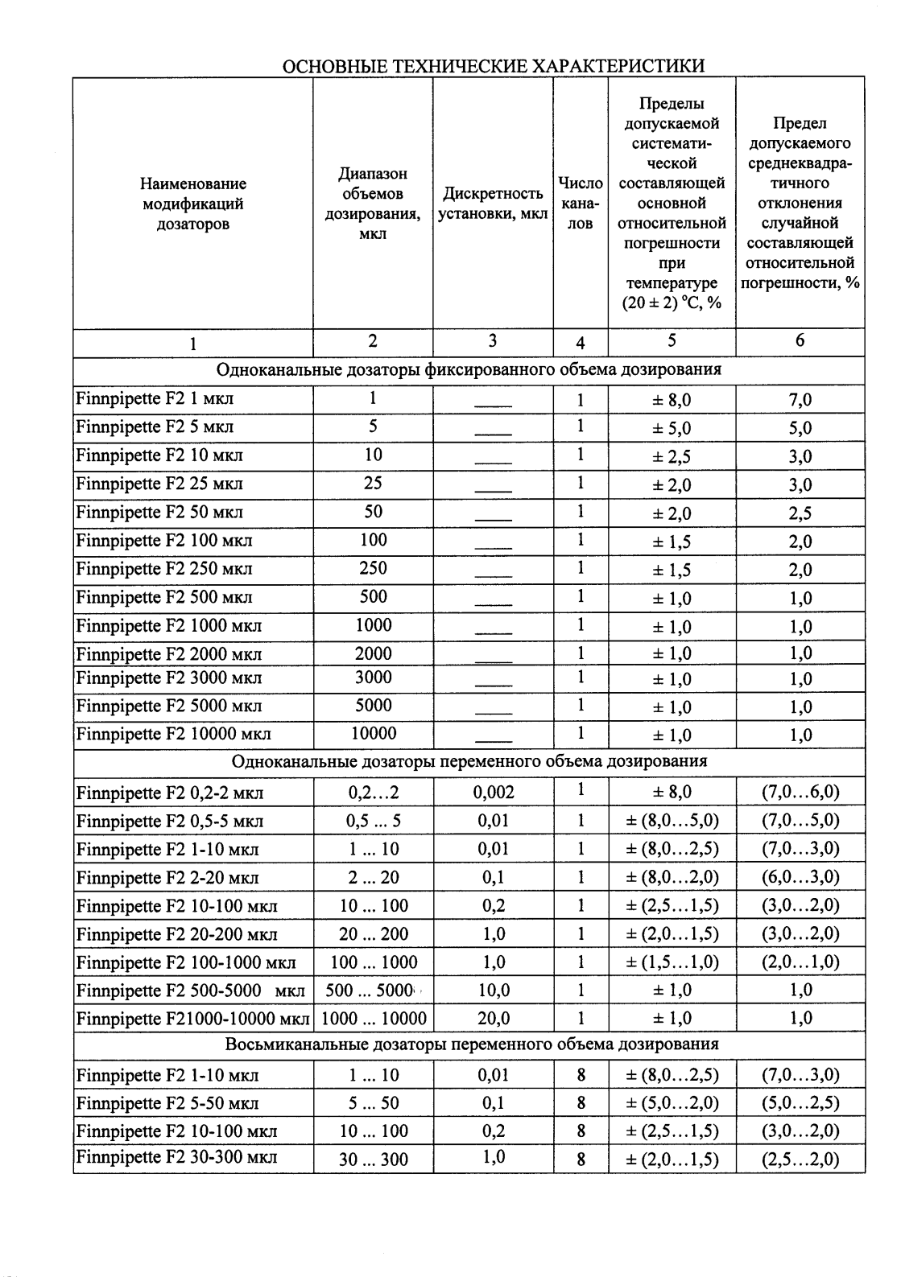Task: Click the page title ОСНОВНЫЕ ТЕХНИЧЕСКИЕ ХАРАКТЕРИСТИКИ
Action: tap(494, 66)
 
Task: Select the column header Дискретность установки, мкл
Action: tap(493, 204)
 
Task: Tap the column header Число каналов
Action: tap(580, 204)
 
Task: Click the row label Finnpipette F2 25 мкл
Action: tap(159, 484)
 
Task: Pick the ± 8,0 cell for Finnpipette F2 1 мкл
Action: tap(671, 400)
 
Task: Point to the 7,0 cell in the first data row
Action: tap(800, 400)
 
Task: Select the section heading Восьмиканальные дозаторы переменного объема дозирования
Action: tap(472, 1044)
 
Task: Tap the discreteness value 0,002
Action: tap(493, 793)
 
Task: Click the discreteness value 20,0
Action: tap(493, 1019)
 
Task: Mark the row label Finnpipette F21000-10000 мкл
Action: tap(192, 1020)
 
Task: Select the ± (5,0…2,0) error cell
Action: tap(672, 1103)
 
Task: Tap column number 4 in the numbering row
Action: tap(580, 343)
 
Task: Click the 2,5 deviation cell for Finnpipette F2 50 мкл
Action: tap(800, 513)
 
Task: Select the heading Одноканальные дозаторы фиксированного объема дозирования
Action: tap(469, 370)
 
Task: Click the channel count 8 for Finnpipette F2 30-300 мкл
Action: tap(580, 1160)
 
